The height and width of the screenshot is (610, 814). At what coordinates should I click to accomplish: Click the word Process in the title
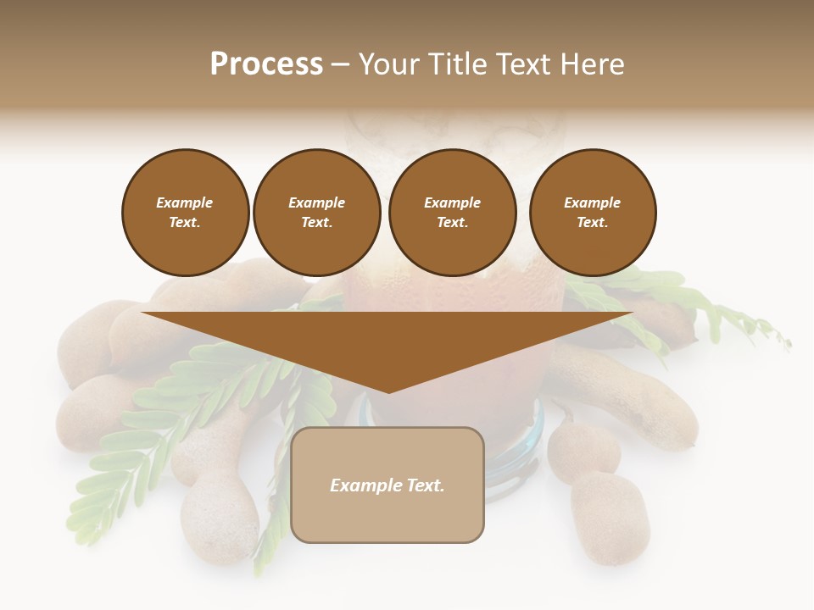tap(266, 64)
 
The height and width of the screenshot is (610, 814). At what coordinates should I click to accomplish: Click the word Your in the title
tap(387, 64)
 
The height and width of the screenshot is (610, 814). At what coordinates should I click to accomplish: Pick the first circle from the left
tap(185, 213)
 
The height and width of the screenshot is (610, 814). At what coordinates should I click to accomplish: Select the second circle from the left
tap(316, 213)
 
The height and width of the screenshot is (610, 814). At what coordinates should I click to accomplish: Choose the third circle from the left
tap(452, 213)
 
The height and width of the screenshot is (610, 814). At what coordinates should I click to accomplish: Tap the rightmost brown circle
tap(592, 213)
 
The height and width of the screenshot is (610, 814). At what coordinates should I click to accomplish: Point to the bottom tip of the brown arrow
tap(388, 391)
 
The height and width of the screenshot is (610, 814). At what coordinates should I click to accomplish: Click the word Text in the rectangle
tap(424, 485)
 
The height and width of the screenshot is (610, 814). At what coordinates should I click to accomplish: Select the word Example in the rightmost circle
tap(592, 202)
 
